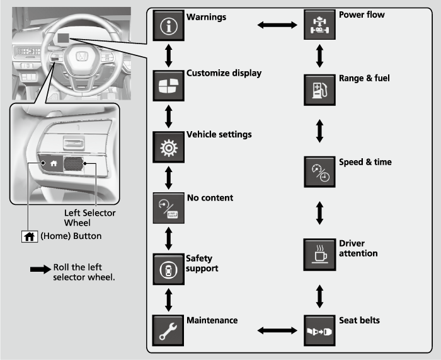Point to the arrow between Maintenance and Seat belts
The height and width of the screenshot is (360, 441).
pos(277,329)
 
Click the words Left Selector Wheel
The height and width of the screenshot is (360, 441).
pos(89,218)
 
